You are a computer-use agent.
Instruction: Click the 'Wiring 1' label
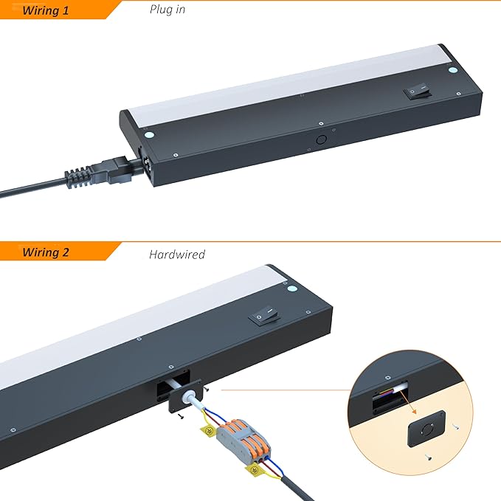pos(45,10)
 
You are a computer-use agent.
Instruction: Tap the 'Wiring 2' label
pos(45,252)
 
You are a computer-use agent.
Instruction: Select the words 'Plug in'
pos(167,10)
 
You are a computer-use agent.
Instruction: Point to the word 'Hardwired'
pos(177,255)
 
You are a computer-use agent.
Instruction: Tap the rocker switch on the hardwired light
pos(265,314)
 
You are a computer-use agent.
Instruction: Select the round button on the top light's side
pos(321,139)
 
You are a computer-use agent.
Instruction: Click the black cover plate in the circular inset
pos(426,429)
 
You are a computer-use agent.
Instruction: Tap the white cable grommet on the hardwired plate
pos(186,396)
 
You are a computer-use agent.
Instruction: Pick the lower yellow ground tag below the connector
pos(254,470)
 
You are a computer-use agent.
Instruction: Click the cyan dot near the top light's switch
pos(452,70)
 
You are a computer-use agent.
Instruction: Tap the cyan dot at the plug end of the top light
pos(149,135)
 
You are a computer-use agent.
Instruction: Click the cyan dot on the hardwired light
pos(292,288)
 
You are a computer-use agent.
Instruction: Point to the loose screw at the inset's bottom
pos(429,457)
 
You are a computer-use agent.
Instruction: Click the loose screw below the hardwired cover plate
pos(181,416)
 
